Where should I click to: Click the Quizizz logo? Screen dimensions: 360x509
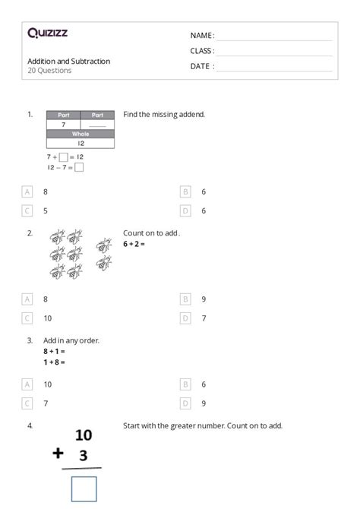tap(47, 33)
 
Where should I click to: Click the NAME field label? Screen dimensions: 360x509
tap(201, 36)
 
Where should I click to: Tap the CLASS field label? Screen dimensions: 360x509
tap(202, 51)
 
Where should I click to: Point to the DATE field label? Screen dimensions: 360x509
tap(201, 66)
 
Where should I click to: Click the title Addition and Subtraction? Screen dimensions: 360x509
tap(68, 61)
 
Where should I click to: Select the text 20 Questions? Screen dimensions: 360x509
tap(49, 71)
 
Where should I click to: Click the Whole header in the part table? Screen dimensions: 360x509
tap(81, 134)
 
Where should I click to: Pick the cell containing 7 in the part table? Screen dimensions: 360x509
tap(63, 125)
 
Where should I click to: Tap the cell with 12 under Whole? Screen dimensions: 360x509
tap(81, 143)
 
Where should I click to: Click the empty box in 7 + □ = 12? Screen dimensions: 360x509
tap(63, 157)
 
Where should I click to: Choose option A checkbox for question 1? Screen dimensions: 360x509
tap(27, 192)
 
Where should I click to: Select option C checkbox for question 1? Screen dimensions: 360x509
tap(27, 210)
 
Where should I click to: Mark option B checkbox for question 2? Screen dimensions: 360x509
tap(185, 299)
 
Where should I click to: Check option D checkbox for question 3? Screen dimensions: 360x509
tap(185, 403)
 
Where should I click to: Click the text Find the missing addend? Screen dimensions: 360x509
tap(164, 115)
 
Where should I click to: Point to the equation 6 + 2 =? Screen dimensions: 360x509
tap(134, 244)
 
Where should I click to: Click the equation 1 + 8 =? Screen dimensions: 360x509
tap(54, 362)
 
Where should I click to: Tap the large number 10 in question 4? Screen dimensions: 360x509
tap(83, 435)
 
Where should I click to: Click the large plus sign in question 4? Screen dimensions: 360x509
tap(58, 454)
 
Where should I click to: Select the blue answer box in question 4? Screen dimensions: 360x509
tap(84, 488)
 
